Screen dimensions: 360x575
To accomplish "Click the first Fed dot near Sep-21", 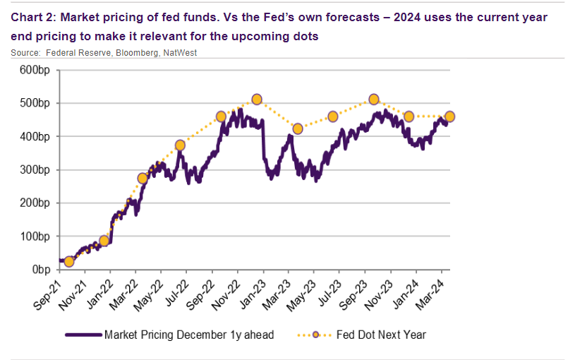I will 68,262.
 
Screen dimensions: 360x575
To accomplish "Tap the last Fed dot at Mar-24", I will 449,116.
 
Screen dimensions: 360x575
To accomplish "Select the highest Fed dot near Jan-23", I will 257,100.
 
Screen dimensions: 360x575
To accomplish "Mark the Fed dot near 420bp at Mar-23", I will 298,129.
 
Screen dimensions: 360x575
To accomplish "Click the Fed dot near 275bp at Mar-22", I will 143,179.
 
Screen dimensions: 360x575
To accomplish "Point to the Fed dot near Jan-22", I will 104,241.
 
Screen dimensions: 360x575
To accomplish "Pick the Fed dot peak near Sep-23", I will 374,100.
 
